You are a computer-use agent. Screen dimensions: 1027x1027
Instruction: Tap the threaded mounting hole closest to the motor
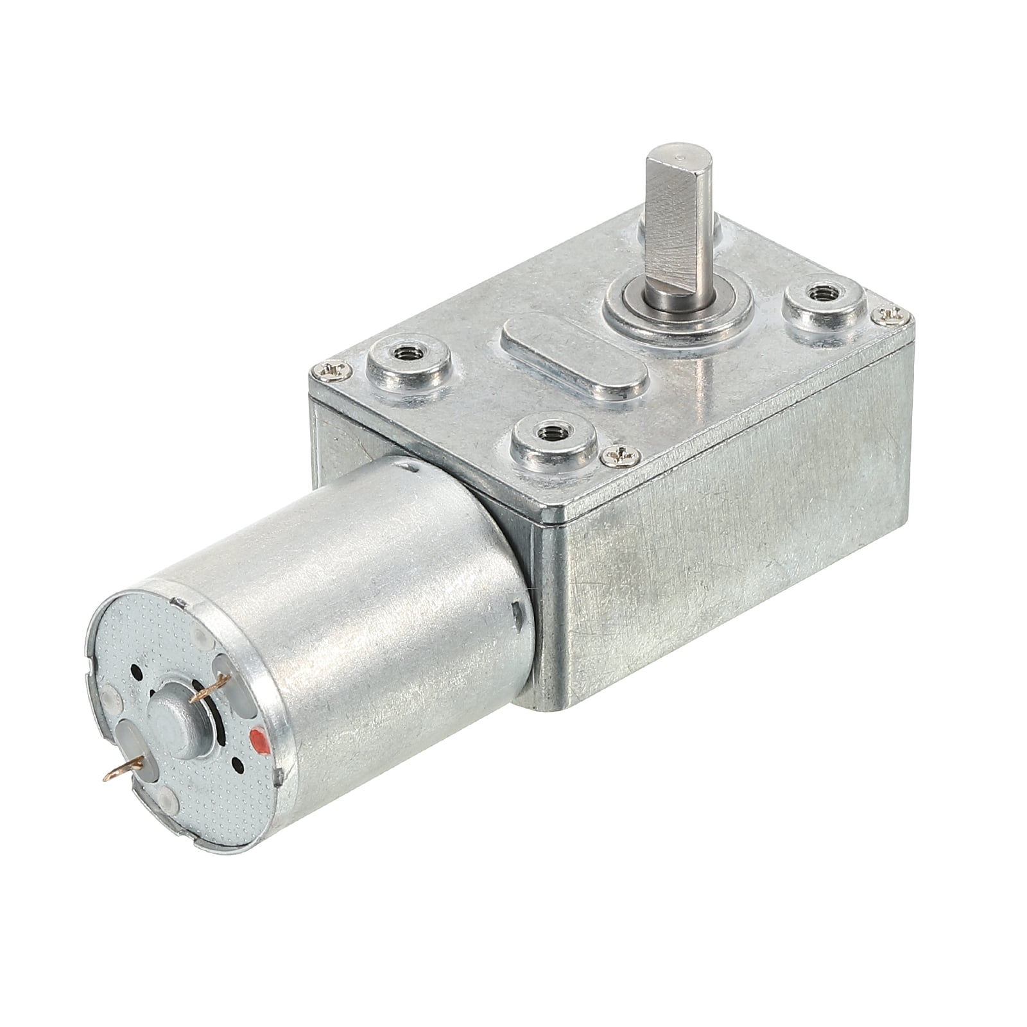point(552,435)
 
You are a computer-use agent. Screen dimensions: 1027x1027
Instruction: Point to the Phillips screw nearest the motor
point(621,456)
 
